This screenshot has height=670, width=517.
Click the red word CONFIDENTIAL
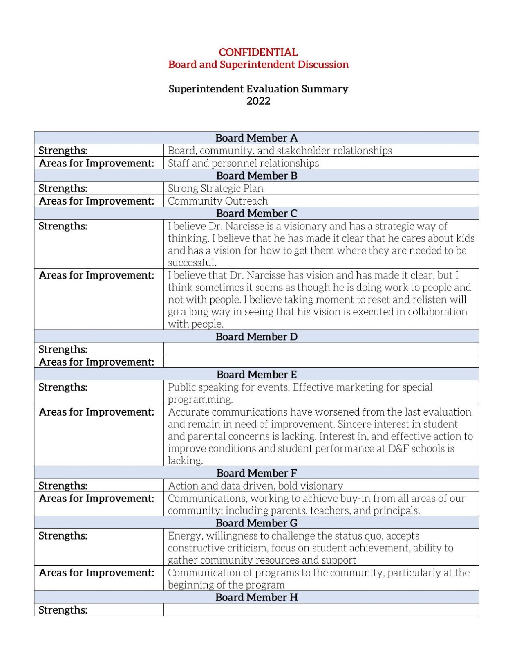tap(258, 52)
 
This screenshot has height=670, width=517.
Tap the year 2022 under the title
tap(258, 101)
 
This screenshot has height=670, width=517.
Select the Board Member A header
tap(256, 138)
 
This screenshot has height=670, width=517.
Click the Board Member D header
tap(256, 337)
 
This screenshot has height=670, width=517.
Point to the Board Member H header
tap(256, 597)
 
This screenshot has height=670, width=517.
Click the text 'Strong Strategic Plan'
tap(215, 188)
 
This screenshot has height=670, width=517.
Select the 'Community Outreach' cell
tap(218, 201)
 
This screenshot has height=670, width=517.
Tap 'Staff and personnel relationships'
tap(243, 163)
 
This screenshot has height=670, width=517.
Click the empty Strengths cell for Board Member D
tap(321, 349)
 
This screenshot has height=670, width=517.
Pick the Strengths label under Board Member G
tap(63, 536)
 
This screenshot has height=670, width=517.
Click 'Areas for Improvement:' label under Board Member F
tap(96, 498)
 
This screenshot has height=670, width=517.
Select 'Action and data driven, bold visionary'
tap(255, 486)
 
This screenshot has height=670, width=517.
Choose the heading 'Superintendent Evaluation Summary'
tap(258, 89)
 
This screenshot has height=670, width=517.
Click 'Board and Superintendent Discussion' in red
tap(258, 65)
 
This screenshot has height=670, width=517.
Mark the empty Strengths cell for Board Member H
tap(321, 609)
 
